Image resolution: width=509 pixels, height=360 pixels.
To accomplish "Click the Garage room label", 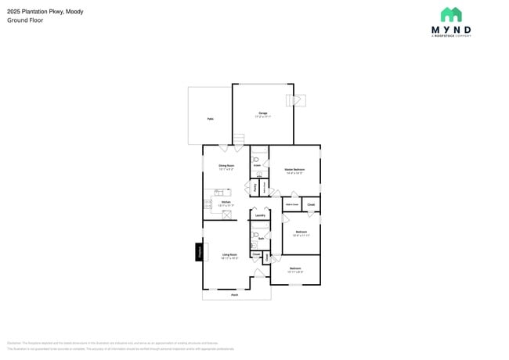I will point(263,113).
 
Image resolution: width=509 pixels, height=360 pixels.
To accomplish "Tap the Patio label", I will point(210,119).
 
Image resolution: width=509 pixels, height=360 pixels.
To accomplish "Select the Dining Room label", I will point(226,166).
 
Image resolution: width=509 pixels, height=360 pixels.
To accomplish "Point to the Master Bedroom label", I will point(294,170).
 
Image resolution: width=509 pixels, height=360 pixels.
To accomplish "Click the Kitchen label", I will point(226,203).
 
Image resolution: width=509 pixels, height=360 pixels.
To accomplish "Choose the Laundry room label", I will point(260,215).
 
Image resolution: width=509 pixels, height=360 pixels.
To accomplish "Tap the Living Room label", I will point(229,254).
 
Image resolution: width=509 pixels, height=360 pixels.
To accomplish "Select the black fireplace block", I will point(199,252).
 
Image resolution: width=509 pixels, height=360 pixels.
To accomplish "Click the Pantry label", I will point(255,187).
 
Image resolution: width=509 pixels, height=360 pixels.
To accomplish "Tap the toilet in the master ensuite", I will point(255,159).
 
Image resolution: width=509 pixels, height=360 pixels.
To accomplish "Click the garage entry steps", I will point(239,139).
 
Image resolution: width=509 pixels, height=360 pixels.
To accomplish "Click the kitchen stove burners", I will point(208,203).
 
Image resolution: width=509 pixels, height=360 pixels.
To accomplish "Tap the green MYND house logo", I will point(450,14).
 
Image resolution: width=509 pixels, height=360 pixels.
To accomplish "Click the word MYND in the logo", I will point(451,30).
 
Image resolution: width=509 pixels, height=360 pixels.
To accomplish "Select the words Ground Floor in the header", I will point(25,20).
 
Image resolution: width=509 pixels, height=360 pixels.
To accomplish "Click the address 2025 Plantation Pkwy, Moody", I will point(45,12).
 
